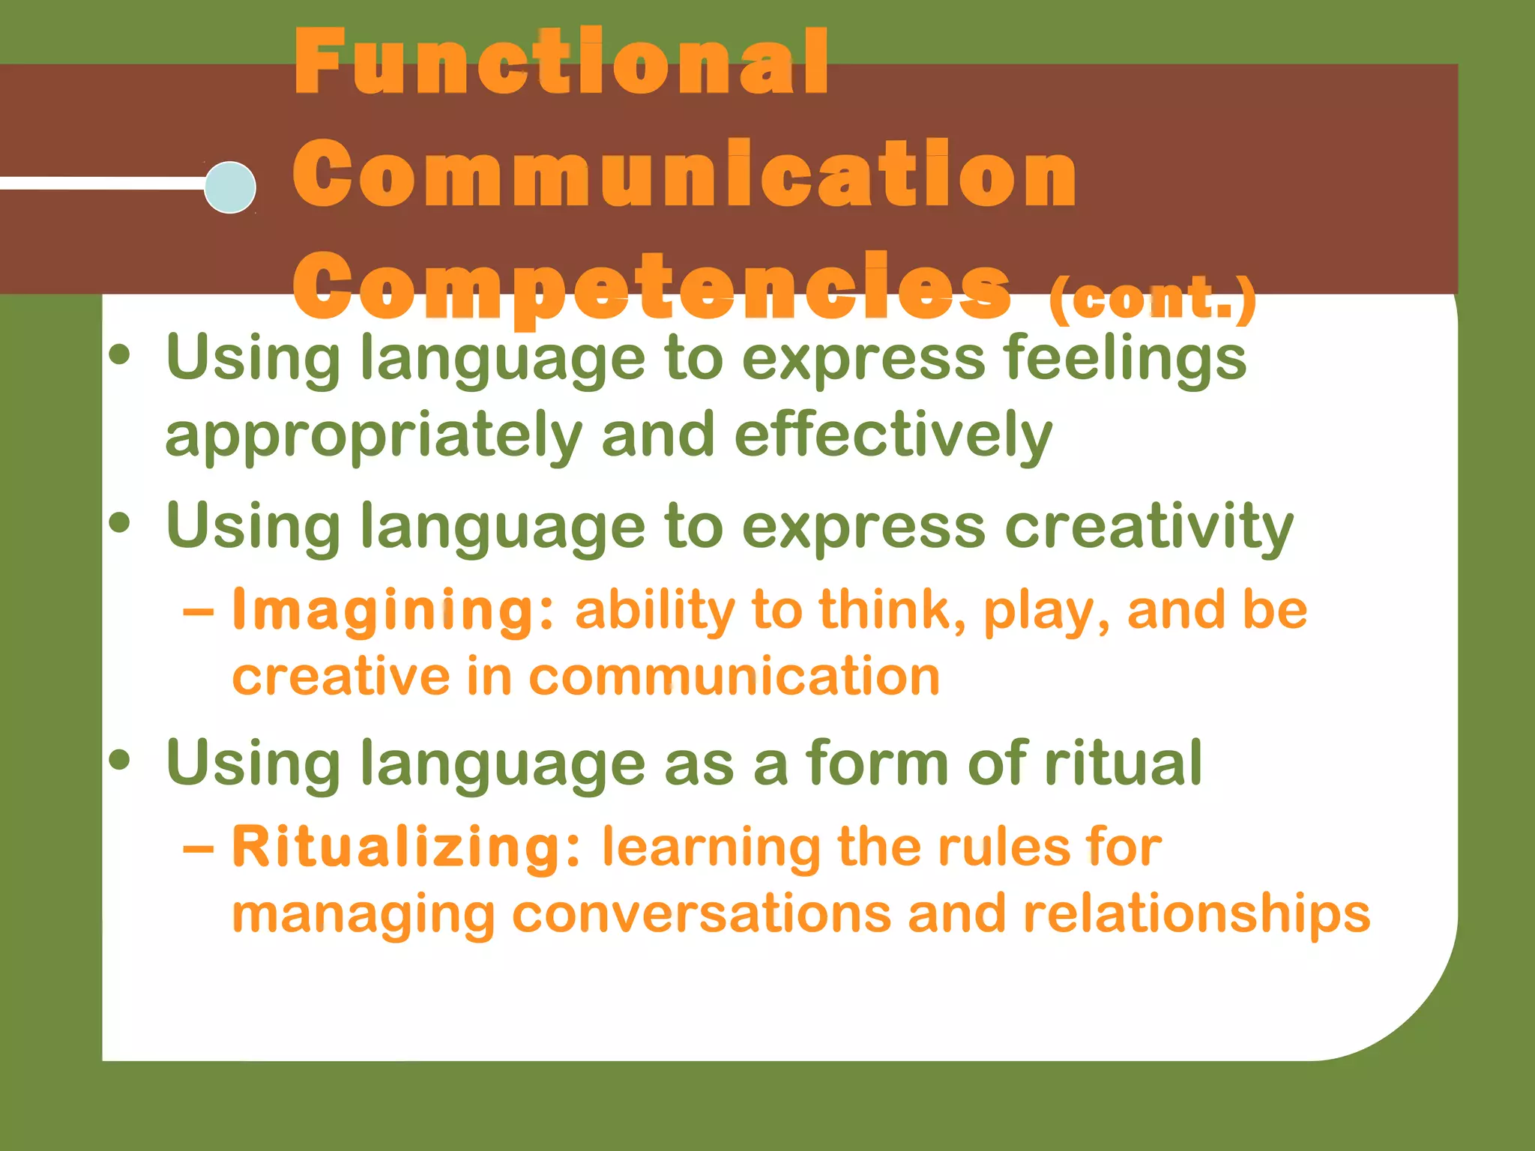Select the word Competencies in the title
(651, 286)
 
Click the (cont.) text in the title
(1152, 298)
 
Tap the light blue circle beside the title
(230, 187)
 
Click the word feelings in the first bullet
(1125, 358)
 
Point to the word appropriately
(373, 436)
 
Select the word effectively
(893, 436)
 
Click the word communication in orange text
(734, 677)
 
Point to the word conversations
(702, 914)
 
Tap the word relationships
(1196, 914)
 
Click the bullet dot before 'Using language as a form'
(119, 761)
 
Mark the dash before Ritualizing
(198, 849)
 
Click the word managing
(364, 916)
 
